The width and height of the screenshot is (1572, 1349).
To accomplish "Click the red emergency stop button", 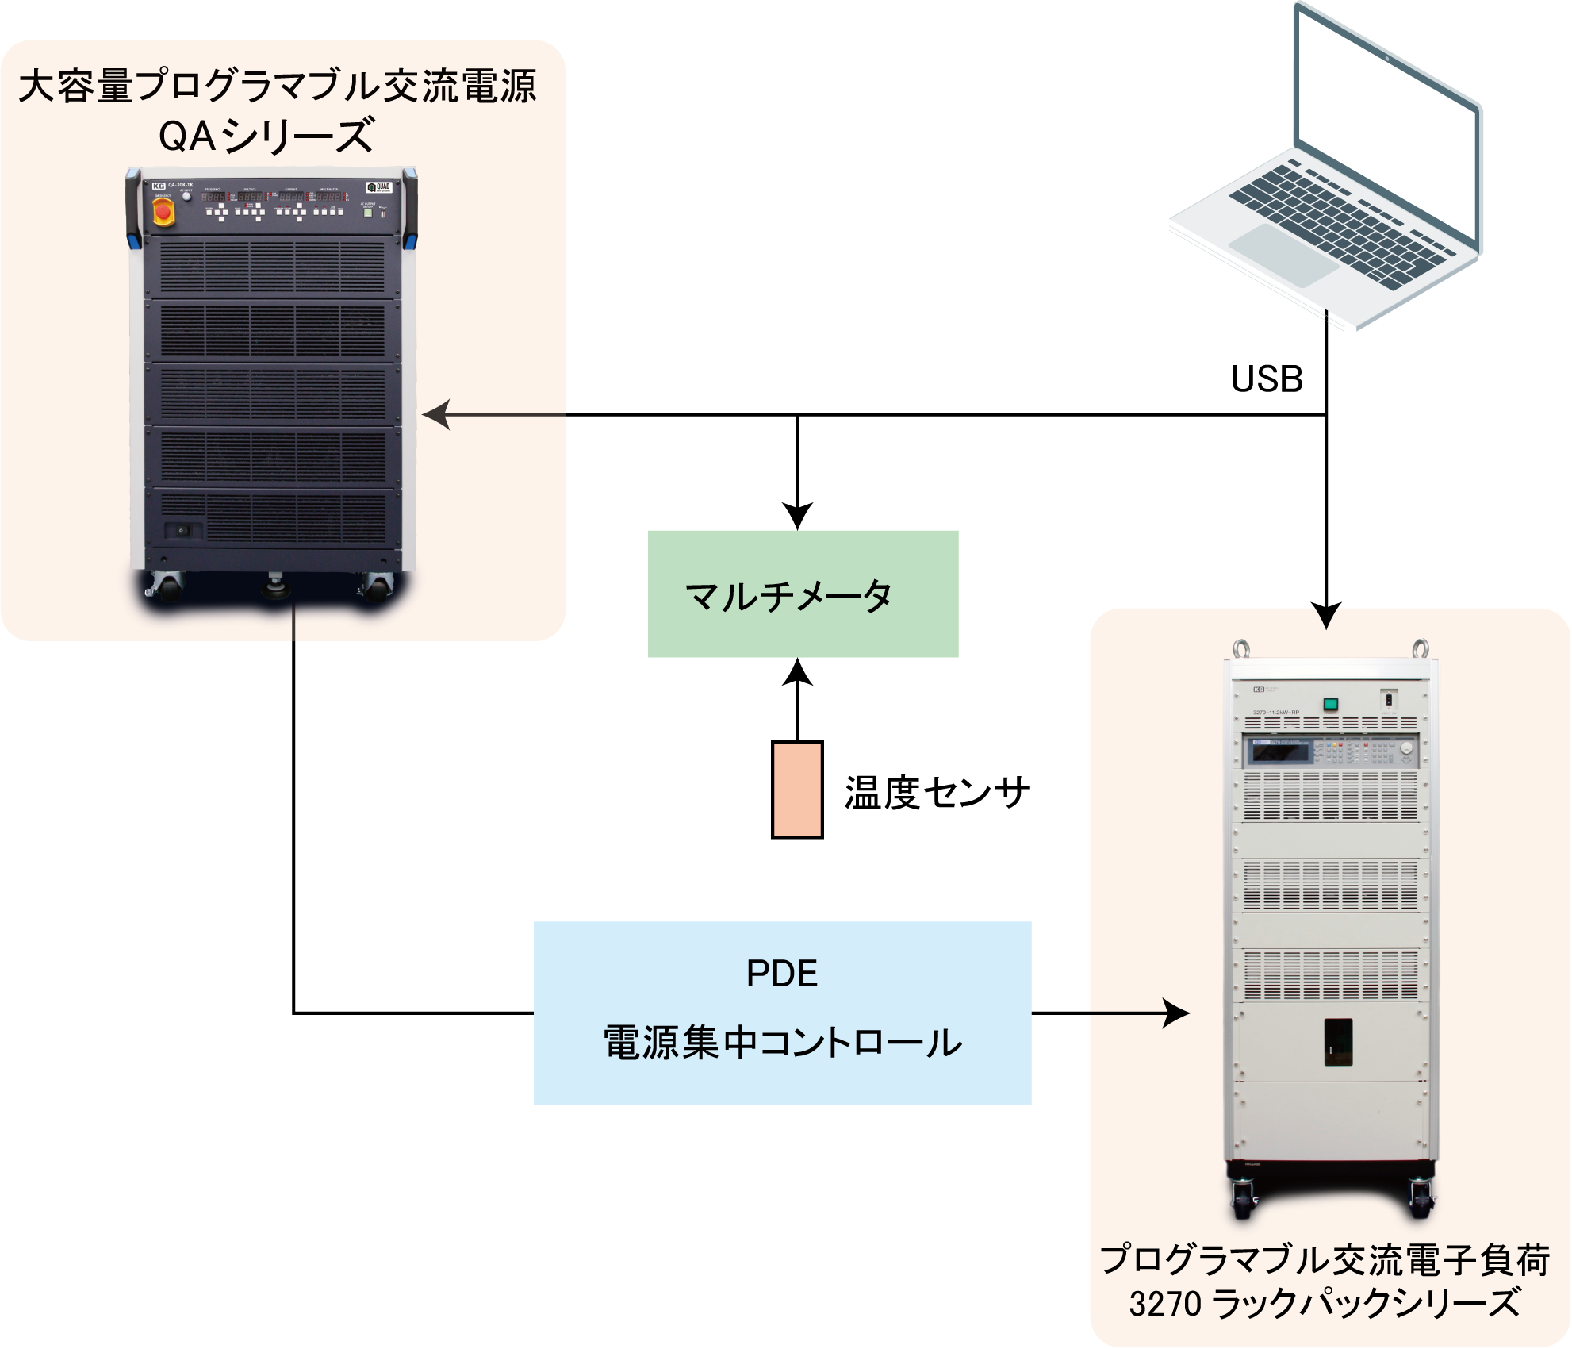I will pos(163,212).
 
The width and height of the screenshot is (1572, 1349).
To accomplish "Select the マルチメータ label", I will pos(788,596).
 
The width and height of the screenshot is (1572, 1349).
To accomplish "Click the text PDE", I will pos(782,974).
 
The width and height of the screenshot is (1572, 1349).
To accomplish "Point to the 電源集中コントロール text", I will pos(782,1042).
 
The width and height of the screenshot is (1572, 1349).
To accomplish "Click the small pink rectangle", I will pos(797,789).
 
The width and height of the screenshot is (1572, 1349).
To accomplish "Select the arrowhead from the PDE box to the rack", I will pos(1177,1013).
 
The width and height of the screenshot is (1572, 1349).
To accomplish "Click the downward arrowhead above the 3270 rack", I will pos(1325,617).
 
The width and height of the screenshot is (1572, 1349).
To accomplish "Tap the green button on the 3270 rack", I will pos(1330,704).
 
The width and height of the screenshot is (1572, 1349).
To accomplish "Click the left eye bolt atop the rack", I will pos(1240,648).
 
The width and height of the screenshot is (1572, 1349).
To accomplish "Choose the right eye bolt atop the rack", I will pos(1421,648).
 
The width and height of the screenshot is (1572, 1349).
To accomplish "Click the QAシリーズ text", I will pos(266,136).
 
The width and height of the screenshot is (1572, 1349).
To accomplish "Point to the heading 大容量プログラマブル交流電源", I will pos(278,86).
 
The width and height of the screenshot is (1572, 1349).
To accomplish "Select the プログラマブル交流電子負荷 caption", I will pos(1325,1260).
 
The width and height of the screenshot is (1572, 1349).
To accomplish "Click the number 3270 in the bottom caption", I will pos(1165,1304).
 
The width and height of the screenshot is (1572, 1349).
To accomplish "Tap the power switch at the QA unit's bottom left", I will pos(182,530).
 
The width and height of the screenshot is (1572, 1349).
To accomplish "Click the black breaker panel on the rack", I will pos(1338,1041).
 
